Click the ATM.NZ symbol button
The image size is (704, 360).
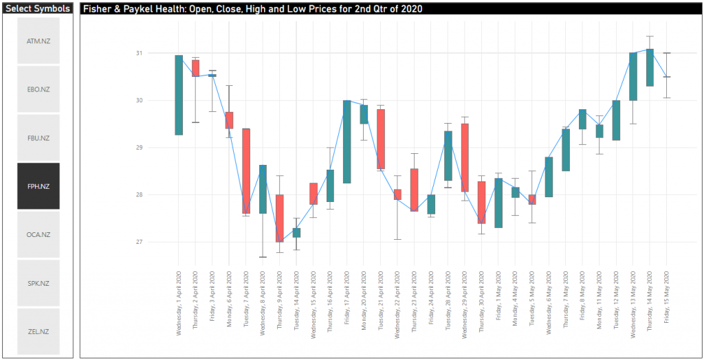click(38, 41)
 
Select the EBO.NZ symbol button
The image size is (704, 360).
click(38, 89)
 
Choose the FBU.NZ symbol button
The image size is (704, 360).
click(38, 138)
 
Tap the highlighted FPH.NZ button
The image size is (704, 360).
click(38, 186)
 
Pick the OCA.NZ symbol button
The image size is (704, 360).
click(38, 235)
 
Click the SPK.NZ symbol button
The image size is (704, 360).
click(38, 283)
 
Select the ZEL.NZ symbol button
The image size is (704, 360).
click(38, 332)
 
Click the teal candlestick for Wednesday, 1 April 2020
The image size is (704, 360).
click(179, 95)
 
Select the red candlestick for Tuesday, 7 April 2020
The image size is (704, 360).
click(246, 171)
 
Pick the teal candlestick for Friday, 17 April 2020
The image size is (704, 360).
click(347, 142)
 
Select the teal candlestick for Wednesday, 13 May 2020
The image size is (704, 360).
click(633, 76)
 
